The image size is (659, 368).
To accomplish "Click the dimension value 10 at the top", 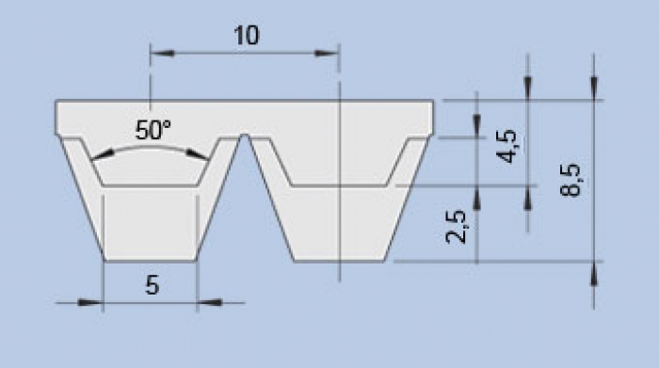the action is pyautogui.click(x=247, y=35).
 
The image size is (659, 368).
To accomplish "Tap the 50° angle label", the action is pyautogui.click(x=153, y=130).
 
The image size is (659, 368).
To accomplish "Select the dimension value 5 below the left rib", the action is pyautogui.click(x=153, y=285).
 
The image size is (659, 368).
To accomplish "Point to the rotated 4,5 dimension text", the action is pyautogui.click(x=506, y=146).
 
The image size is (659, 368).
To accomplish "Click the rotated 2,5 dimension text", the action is pyautogui.click(x=456, y=227).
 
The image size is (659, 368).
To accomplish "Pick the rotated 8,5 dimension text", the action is pyautogui.click(x=571, y=180).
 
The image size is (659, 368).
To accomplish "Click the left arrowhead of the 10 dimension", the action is pyautogui.click(x=162, y=54).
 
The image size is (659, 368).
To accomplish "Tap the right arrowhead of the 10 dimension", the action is pyautogui.click(x=327, y=54).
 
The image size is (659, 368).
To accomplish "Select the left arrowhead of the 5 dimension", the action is pyautogui.click(x=90, y=302).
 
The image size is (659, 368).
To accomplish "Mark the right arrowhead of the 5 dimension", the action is pyautogui.click(x=209, y=302).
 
